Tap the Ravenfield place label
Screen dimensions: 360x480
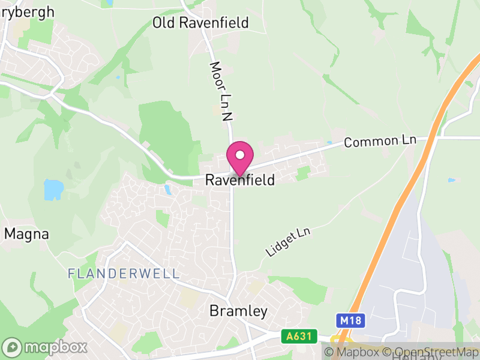click(240, 180)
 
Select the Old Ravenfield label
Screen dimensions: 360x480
click(200, 23)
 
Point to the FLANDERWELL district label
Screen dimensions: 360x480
click(124, 274)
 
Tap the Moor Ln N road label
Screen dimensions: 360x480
click(220, 91)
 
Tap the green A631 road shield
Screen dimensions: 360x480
click(299, 337)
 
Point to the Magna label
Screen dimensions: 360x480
click(26, 234)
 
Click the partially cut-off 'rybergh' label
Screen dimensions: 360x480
click(28, 11)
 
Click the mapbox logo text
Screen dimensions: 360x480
click(56, 347)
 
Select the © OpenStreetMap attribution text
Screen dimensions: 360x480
click(430, 352)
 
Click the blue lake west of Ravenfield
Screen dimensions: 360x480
click(53, 190)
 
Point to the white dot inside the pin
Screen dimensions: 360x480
click(240, 155)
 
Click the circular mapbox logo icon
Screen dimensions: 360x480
click(13, 347)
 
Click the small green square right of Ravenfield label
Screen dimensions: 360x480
click(304, 173)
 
